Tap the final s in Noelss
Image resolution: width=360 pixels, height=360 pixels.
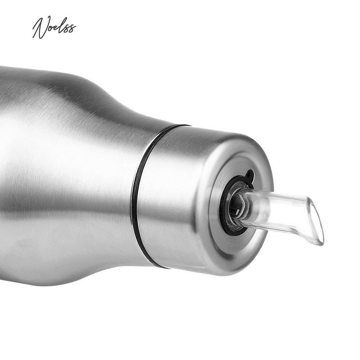[x=73, y=28]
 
